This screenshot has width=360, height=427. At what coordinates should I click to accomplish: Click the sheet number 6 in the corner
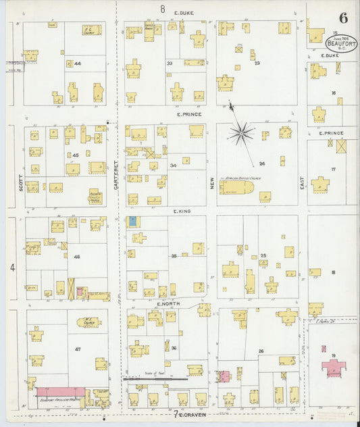(344, 17)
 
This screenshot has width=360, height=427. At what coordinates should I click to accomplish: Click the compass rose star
(240, 132)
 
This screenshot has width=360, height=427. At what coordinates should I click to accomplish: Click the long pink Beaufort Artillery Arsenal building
(60, 392)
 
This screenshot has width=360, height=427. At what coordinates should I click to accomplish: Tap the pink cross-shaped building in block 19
(333, 368)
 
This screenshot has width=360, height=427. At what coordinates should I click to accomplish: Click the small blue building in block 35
(132, 221)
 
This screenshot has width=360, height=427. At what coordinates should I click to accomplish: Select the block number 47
(77, 348)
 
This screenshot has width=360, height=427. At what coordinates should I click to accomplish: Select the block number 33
(169, 64)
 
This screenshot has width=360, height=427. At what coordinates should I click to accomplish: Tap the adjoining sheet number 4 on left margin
(11, 268)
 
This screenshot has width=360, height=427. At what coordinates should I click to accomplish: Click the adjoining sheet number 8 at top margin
(163, 8)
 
